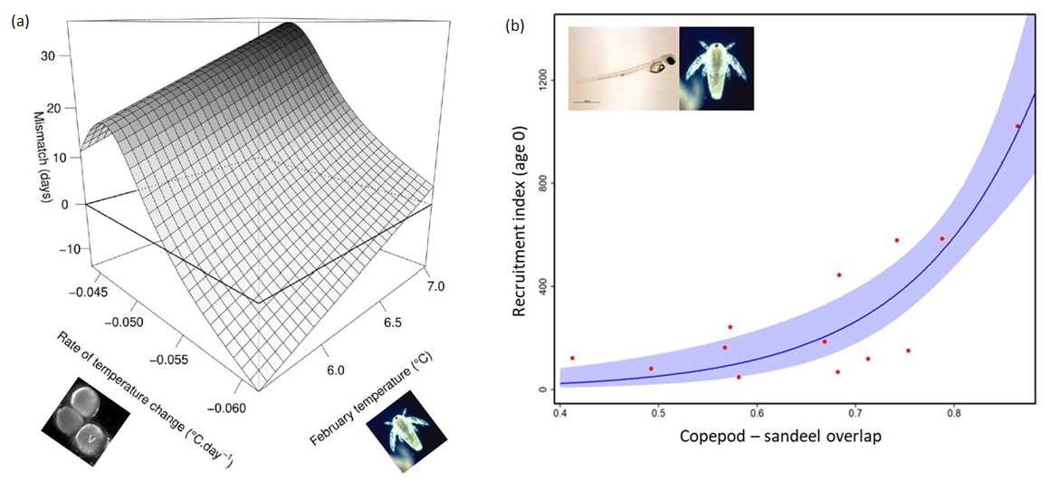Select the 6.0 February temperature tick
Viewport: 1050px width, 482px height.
[336, 368]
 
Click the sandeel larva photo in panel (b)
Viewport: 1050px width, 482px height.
[623, 68]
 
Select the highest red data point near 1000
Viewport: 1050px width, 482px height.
[1017, 126]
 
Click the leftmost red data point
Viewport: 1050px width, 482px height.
[572, 359]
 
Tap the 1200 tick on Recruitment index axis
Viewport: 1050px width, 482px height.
[542, 81]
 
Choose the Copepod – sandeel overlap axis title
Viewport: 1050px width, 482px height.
[781, 436]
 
